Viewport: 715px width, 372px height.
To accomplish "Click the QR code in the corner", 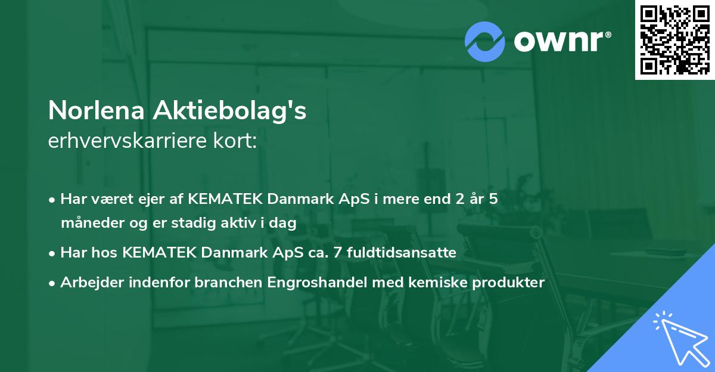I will [x=674, y=40].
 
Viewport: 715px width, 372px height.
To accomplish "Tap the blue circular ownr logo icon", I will [x=485, y=41].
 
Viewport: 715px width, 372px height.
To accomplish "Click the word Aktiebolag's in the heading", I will [x=231, y=111].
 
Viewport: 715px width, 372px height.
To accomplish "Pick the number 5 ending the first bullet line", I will [x=493, y=199].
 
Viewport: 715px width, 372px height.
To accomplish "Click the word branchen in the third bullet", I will [x=219, y=283].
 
